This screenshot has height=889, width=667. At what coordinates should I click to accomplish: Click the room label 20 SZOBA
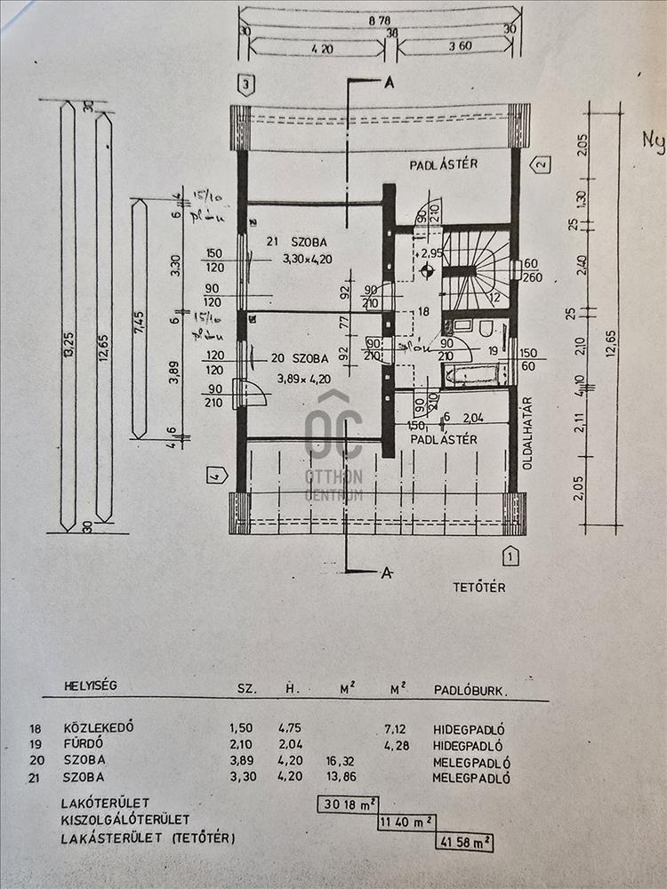299,358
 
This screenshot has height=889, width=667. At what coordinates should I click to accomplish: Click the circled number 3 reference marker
247,85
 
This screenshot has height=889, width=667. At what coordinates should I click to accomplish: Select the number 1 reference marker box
510,557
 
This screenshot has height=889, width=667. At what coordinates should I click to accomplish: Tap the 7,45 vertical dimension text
139,319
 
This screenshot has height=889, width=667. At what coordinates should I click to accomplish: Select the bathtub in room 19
474,374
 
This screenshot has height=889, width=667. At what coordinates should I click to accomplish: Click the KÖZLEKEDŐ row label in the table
98,727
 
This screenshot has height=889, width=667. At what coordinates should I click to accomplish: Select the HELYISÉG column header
90,685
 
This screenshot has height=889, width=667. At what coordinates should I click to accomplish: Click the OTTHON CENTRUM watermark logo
333,444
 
